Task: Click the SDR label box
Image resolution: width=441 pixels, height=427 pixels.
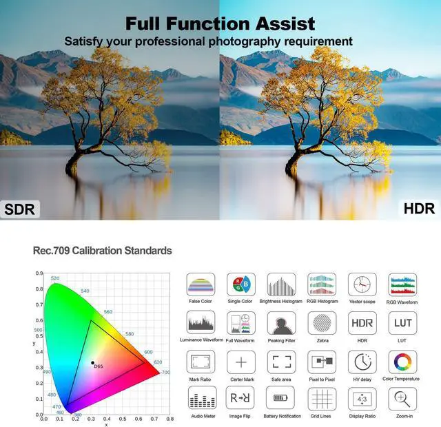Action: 21,209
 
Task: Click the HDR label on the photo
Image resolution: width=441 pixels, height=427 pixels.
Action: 418,208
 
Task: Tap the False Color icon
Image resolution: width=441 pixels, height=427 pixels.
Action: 201,284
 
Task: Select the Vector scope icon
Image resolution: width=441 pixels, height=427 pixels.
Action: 362,284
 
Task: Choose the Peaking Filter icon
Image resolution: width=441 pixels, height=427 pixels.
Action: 281,323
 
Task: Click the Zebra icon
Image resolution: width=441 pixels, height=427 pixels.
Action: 321,323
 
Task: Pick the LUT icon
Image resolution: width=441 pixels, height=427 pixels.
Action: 402,323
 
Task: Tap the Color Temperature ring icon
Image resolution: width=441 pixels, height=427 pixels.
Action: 402,362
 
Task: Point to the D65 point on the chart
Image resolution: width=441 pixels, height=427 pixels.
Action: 92,362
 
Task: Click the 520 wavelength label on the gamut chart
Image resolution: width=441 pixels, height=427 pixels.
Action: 55,278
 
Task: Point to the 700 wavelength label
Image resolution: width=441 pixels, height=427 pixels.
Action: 165,373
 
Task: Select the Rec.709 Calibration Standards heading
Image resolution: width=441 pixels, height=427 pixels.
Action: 102,251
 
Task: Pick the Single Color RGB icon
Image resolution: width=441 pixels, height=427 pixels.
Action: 240,284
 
